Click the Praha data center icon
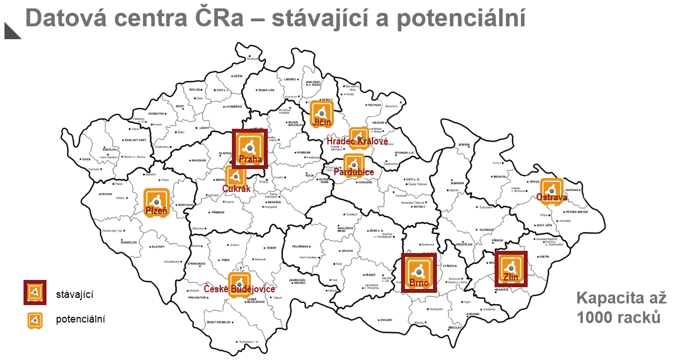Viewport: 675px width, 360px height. pos(249,147)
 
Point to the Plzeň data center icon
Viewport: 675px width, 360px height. pos(156,200)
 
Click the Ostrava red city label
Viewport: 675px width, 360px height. pos(551,197)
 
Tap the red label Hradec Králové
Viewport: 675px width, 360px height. pos(357,142)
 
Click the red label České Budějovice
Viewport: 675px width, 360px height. pos(239,289)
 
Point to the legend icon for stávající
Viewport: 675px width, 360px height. pos(35,292)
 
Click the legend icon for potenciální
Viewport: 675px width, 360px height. pos(35,320)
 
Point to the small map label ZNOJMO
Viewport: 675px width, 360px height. pos(386,320)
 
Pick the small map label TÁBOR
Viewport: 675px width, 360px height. pos(271,247)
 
